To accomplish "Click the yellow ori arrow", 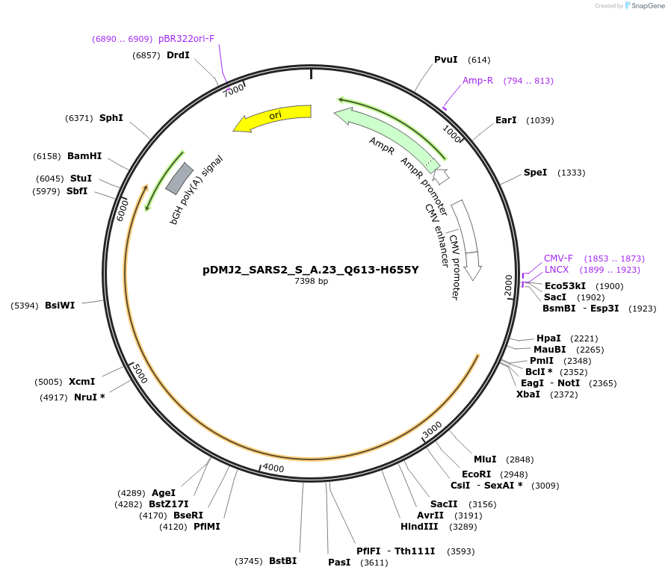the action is [273, 117].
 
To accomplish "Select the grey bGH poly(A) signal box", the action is [179, 178].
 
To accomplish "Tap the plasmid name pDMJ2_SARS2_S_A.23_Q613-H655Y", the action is [311, 270].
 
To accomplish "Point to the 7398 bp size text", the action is [311, 281].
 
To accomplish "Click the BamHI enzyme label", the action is [84, 156].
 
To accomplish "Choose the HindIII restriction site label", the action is [419, 527].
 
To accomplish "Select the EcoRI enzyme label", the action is [476, 474].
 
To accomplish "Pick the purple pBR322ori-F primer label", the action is [187, 39].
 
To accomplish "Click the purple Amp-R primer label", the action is [477, 81].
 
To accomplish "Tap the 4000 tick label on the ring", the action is [273, 468].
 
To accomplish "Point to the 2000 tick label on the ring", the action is [508, 285].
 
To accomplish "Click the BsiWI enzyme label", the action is [60, 306].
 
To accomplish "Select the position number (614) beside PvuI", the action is [479, 60].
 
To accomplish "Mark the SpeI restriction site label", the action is [535, 173].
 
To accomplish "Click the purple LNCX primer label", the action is [557, 270].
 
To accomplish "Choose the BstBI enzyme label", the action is [283, 560].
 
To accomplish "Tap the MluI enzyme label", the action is [485, 459].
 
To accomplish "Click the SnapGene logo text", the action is [648, 6].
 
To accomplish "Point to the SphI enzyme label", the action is [111, 117].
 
